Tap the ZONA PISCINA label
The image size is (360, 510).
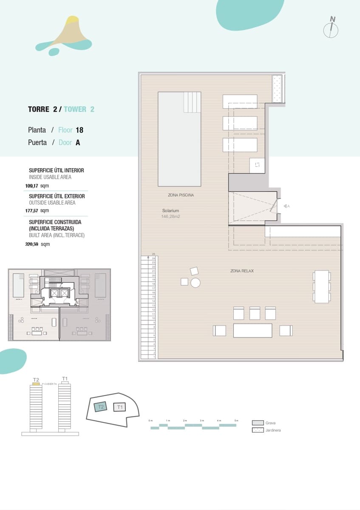coord(181,195)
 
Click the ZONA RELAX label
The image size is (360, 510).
coord(242,271)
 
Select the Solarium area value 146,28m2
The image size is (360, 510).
coord(171,216)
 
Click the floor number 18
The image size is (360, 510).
coord(79,130)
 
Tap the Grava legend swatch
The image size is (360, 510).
coord(258,423)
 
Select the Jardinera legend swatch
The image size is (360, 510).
coord(258,430)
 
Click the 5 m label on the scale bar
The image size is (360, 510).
coord(236,420)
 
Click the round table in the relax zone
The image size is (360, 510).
coord(196,282)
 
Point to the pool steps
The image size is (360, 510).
coord(192,102)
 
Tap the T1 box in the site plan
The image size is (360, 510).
coord(120,407)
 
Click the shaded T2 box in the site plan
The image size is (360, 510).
coord(101,407)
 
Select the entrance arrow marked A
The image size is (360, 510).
coord(286,206)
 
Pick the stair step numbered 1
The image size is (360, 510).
coord(153,357)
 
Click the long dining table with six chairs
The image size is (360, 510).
coord(322,286)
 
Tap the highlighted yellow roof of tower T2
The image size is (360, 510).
coord(36,384)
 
